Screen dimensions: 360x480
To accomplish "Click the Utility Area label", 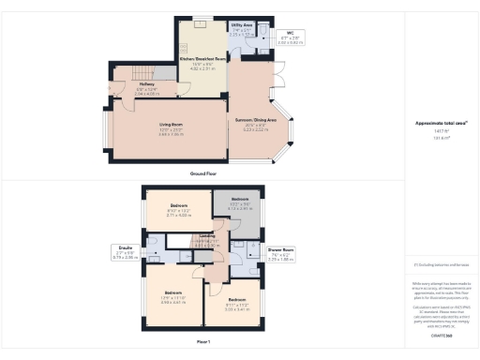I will point(241,28).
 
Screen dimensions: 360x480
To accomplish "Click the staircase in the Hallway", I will point(142,72).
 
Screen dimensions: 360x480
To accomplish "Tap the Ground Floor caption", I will point(204,172).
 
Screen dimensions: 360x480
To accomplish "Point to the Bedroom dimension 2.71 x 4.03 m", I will point(178,215).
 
